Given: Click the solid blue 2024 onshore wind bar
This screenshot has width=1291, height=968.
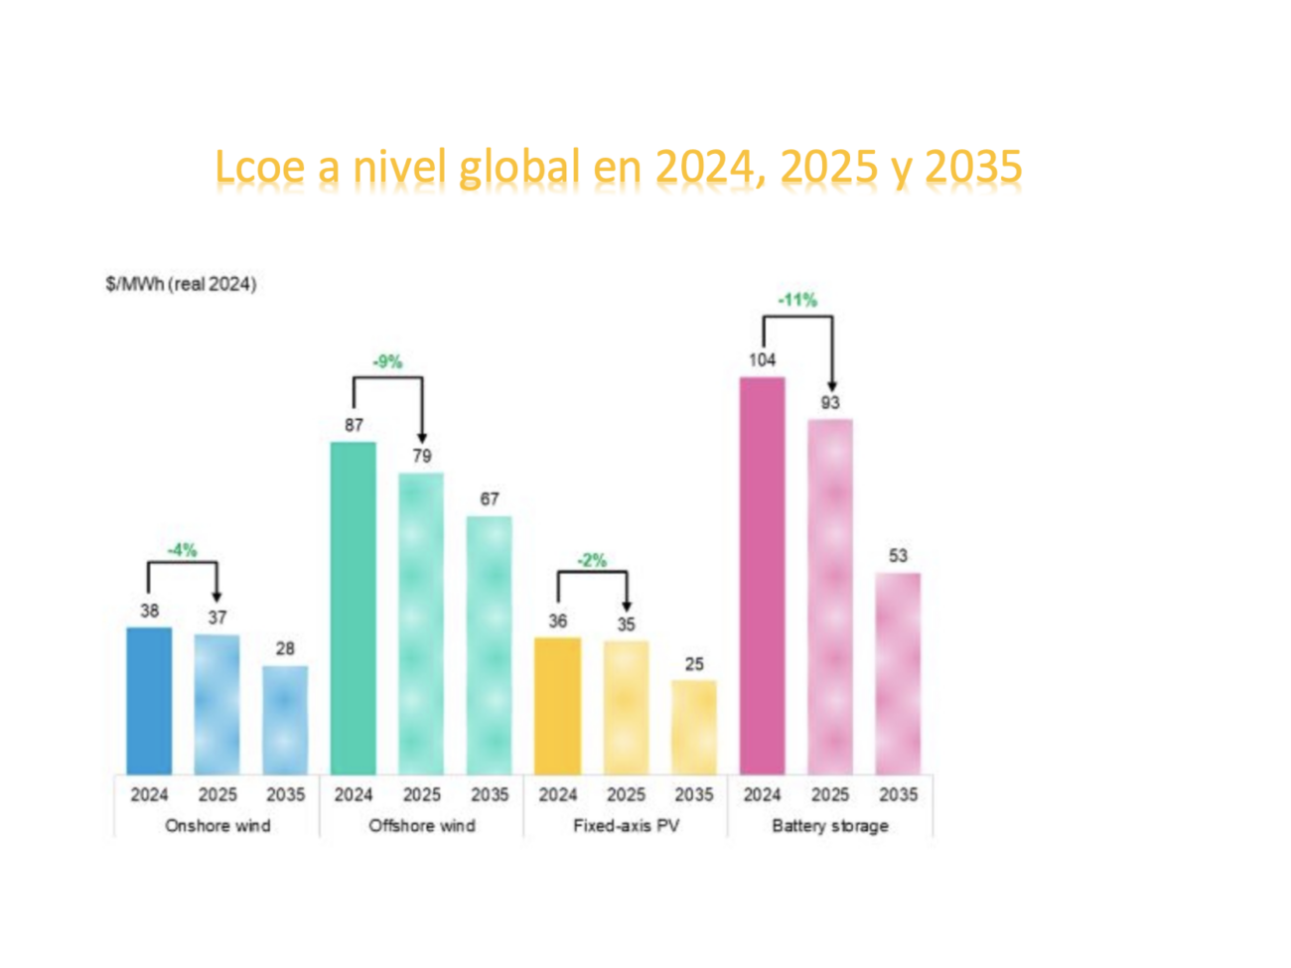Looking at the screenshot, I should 149,701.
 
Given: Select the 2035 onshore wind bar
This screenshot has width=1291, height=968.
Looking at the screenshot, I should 285,720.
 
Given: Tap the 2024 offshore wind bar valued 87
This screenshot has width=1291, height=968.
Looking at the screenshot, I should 354,608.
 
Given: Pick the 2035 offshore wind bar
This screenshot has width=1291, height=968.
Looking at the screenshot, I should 490,645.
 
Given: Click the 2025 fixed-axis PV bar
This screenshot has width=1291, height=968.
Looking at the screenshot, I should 626,707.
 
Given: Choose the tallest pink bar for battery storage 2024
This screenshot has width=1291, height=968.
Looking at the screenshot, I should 762,576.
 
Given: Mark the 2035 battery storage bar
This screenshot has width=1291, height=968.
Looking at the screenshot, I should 898,673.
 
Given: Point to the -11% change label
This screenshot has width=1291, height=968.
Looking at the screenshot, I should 797,300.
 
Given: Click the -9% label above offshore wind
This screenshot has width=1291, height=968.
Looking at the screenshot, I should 387,362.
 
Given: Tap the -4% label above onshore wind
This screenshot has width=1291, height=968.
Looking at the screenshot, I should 182,550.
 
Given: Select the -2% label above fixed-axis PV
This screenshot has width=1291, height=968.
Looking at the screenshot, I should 592,561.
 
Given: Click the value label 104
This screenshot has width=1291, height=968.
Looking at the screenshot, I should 762,360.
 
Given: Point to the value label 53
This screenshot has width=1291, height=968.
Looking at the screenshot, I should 898,556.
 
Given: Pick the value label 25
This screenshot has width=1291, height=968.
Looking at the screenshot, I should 694,664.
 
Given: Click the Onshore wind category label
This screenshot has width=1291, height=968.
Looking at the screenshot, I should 217,826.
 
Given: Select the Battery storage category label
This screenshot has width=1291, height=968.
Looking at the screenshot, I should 830,826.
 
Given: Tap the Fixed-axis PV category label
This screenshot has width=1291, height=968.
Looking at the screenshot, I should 626,826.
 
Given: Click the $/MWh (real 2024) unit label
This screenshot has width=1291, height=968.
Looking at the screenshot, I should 181,285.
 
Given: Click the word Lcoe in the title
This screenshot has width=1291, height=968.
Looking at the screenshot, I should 260,167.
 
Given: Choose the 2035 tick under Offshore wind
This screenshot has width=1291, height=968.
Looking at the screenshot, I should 490,795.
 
